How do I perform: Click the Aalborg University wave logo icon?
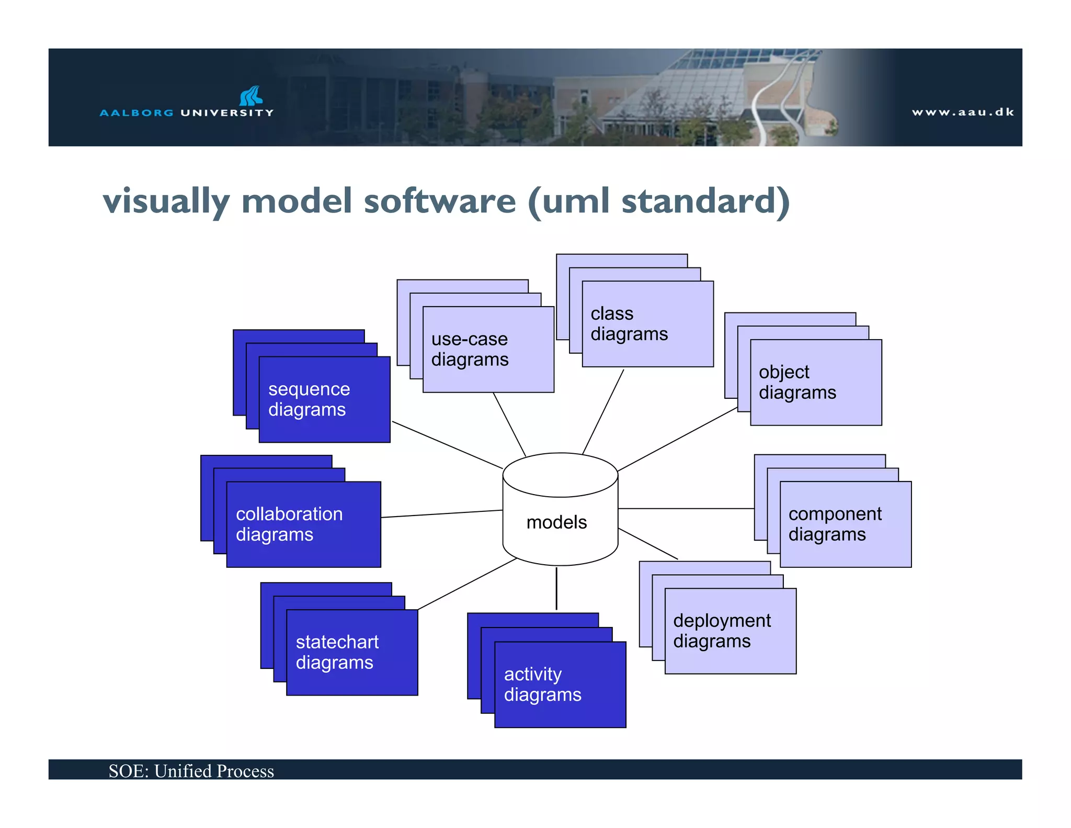[x=250, y=96]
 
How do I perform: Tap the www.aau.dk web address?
[x=962, y=112]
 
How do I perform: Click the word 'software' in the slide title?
[x=440, y=201]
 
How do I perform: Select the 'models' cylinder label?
[x=556, y=522]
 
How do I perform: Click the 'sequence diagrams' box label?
[x=309, y=399]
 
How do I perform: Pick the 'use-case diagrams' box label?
[x=470, y=349]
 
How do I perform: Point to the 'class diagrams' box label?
[x=629, y=323]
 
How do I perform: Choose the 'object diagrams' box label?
[x=797, y=382]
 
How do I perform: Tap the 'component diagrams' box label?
[x=835, y=524]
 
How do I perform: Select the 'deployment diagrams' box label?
[x=722, y=631]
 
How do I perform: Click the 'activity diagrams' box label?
[x=542, y=684]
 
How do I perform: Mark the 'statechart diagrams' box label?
[x=337, y=652]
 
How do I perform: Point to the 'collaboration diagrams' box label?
[x=289, y=524]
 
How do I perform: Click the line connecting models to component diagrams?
[x=685, y=508]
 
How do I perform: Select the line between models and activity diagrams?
[x=556, y=589]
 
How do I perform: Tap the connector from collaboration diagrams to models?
[x=442, y=513]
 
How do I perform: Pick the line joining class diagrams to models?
[x=603, y=412]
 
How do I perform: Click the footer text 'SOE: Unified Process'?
[x=191, y=771]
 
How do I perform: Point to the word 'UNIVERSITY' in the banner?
[x=227, y=113]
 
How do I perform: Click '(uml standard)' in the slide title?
[x=658, y=201]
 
